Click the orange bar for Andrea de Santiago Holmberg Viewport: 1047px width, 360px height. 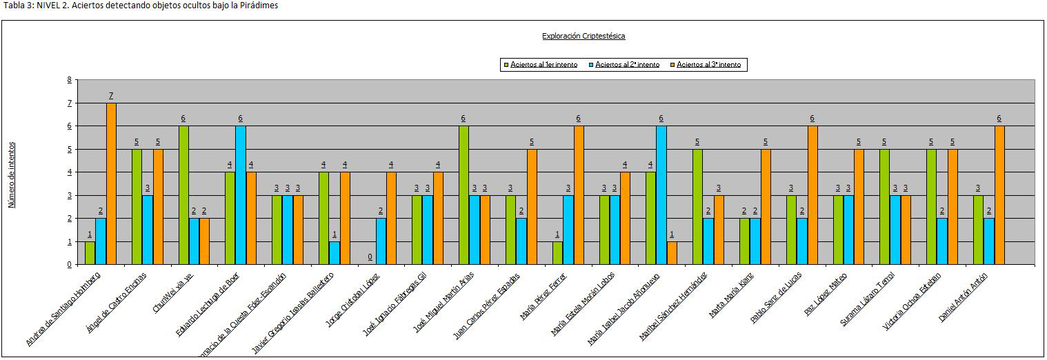tap(111, 183)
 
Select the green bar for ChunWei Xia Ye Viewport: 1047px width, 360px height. tap(183, 195)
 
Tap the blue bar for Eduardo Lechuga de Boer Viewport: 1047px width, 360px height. tap(241, 195)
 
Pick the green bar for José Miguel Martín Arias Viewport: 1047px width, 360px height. tap(464, 195)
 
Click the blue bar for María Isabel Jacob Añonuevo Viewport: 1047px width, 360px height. tap(661, 195)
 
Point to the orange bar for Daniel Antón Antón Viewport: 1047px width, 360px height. tap(999, 195)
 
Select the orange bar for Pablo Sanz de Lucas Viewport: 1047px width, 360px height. tap(812, 195)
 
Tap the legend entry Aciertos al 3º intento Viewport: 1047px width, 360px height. tap(708, 65)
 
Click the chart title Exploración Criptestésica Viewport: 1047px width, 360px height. tap(584, 36)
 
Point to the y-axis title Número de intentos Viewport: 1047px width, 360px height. tap(12, 174)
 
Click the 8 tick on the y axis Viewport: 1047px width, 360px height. tap(69, 80)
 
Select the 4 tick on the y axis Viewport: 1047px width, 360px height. tap(69, 172)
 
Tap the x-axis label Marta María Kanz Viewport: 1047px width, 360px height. tap(731, 294)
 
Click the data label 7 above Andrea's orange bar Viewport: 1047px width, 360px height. tap(111, 95)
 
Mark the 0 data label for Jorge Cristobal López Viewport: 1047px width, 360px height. tap(370, 257)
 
